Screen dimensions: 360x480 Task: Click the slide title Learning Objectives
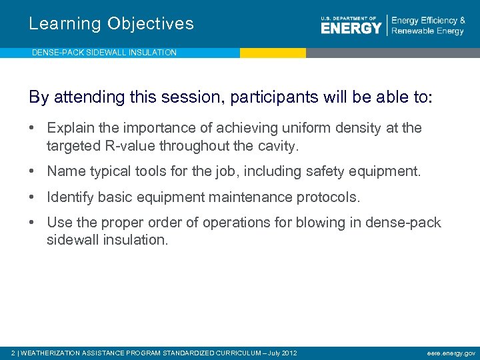(111, 24)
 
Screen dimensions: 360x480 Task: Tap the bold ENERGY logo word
(351, 28)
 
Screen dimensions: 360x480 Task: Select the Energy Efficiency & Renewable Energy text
(428, 26)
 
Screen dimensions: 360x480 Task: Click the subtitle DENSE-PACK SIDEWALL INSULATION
(104, 52)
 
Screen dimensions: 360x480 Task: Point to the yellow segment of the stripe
(273, 53)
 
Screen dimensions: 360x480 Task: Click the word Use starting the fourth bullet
(59, 223)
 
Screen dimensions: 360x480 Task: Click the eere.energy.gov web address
(451, 353)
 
